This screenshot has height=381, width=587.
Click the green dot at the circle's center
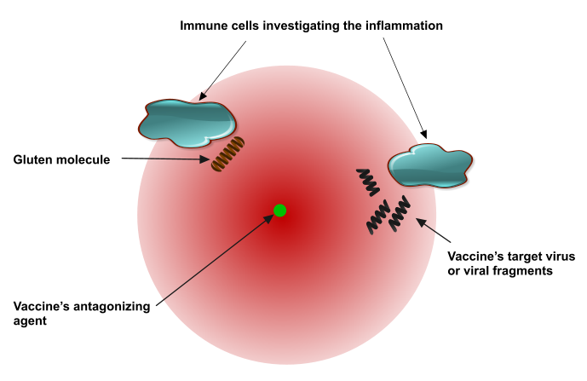pos(279,210)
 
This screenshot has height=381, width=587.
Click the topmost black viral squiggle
pos(367,181)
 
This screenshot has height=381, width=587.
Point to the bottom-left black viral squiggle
pos(378,217)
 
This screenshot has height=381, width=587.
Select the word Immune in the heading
pos(204,26)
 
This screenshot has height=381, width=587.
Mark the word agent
pos(32,321)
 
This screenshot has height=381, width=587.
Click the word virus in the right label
pos(558,256)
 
